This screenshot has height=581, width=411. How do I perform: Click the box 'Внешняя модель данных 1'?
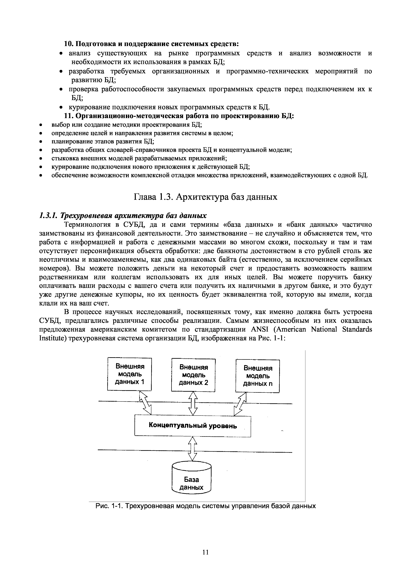(129, 374)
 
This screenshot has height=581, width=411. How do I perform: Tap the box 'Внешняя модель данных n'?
(257, 376)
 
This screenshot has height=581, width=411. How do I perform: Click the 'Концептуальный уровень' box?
(192, 426)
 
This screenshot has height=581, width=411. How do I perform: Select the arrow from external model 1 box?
(145, 402)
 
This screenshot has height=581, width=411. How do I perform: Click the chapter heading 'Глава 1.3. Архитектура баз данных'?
(205, 197)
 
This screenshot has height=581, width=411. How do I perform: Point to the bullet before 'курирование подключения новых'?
(61, 107)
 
